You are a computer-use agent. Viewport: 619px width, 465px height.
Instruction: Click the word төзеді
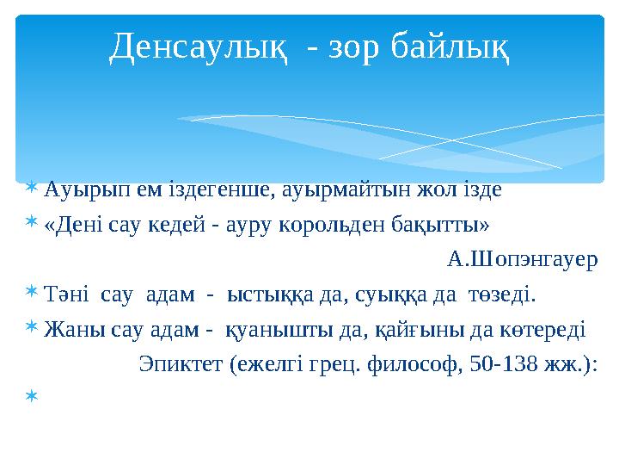(x=500, y=297)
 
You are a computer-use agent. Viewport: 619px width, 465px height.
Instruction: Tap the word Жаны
(x=68, y=332)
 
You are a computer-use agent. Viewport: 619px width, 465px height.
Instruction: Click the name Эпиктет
(x=181, y=366)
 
